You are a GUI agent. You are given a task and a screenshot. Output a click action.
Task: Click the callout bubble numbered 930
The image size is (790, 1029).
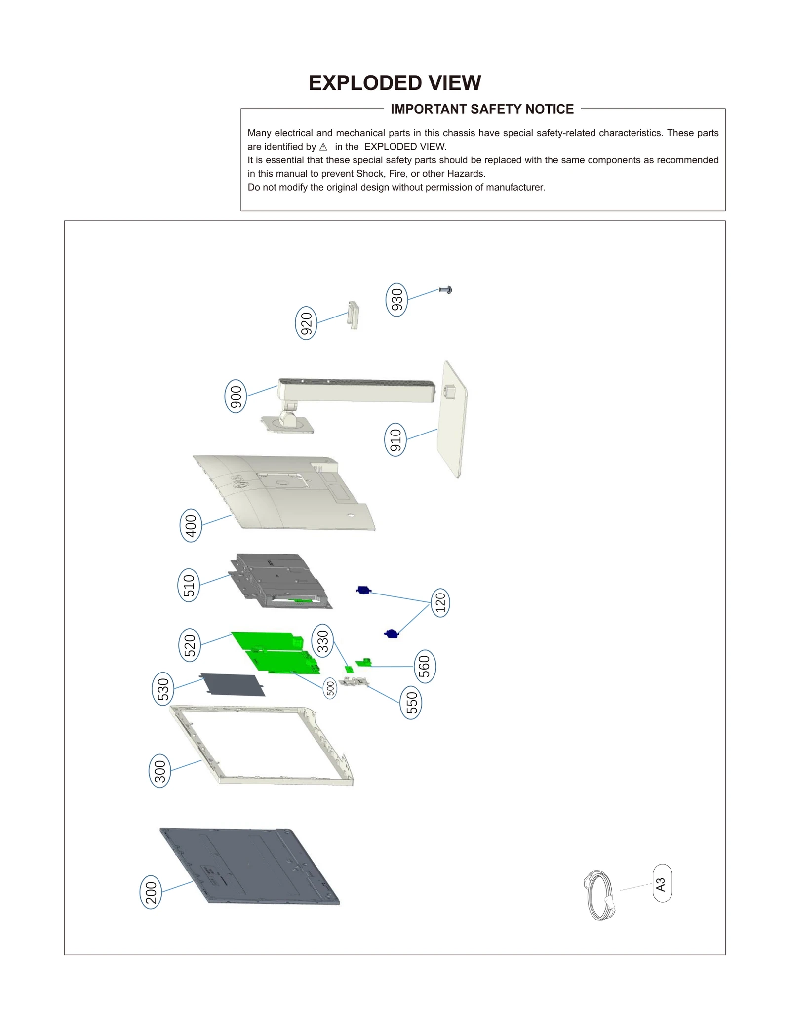tap(396, 300)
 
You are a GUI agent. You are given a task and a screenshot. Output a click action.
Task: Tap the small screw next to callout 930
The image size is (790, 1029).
tap(446, 290)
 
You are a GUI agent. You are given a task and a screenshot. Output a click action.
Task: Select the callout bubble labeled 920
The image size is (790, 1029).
tap(306, 323)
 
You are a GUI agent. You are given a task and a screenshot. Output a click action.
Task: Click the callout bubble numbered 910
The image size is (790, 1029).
tap(395, 439)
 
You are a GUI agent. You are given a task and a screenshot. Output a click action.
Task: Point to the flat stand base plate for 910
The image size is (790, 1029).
tap(452, 420)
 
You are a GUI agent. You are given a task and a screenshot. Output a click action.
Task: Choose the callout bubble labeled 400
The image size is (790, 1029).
tap(191, 525)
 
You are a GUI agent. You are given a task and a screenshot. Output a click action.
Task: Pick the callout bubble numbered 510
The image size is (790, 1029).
tap(189, 585)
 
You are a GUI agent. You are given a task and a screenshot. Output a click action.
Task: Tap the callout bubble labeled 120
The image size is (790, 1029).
tap(440, 602)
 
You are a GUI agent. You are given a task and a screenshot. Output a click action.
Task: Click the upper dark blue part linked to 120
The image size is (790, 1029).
tap(363, 590)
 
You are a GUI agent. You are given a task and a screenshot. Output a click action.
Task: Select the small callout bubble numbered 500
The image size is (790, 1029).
tap(330, 688)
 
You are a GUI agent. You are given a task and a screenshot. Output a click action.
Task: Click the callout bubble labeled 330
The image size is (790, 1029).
tap(322, 641)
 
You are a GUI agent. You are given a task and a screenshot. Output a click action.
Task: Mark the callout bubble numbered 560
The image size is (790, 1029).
tap(424, 667)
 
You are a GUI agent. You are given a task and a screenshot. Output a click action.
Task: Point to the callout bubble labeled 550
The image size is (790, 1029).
tap(411, 703)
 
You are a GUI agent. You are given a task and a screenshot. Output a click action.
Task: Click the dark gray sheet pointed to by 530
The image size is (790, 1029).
tap(233, 684)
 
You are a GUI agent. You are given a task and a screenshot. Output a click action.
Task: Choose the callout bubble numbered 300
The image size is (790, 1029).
tap(160, 771)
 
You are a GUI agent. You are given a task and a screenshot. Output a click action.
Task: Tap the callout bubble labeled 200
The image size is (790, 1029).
tap(151, 892)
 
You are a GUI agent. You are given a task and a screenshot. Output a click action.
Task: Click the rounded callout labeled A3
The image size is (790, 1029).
tap(662, 883)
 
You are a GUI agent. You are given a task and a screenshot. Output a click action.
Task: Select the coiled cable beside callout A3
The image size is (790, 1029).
tap(599, 895)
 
